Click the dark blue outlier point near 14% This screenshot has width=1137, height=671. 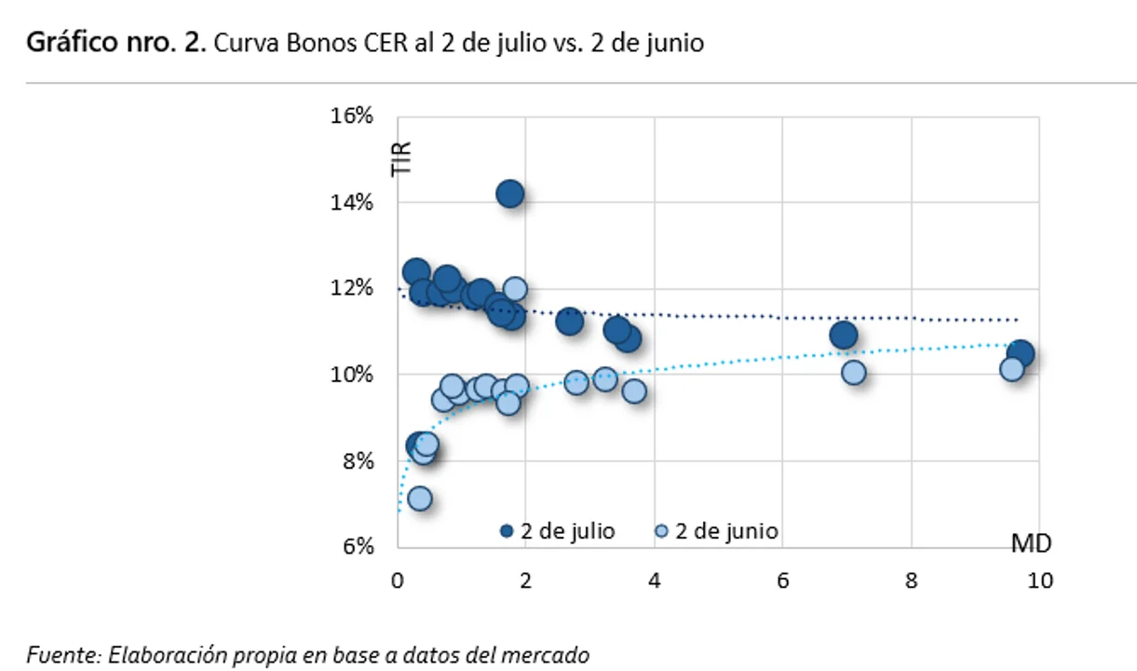509,194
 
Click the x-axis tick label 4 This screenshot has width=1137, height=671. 655,580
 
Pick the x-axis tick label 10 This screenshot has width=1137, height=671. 1039,580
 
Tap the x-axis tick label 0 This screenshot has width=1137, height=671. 398,580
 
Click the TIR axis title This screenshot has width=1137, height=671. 401,158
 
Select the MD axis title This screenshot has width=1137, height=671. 1031,542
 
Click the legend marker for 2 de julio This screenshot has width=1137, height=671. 507,531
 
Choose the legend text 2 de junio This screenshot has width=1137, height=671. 726,531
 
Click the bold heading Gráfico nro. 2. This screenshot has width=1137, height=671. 115,44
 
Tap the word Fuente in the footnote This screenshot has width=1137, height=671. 62,655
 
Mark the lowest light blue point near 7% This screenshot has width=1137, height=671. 419,499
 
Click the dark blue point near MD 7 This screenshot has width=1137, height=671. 844,335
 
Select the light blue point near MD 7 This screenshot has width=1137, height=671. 853,372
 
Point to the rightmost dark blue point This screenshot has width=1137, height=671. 1021,353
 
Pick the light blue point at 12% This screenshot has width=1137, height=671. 515,289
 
